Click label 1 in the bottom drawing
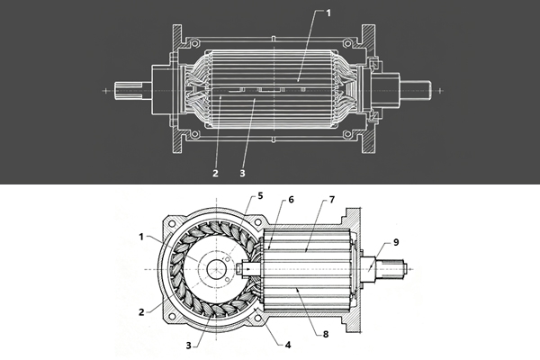tap(141, 236)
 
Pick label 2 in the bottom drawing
tap(141, 313)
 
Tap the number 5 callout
tap(260, 195)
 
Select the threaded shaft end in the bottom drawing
tap(396, 269)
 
